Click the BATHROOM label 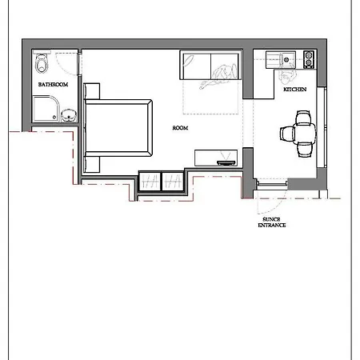coord(53,85)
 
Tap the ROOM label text coord(180,128)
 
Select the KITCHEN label coord(294,90)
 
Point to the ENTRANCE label coord(272,226)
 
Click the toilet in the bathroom coord(42,62)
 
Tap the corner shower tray coord(46,109)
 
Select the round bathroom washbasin coord(69,115)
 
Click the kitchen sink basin coord(286,59)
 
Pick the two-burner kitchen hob coord(309,59)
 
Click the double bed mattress coord(118,128)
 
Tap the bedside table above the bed coord(92,91)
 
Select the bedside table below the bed coord(92,165)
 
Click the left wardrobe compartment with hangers coord(150,182)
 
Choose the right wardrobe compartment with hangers coord(173,182)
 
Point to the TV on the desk coord(226,162)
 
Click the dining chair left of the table coord(286,134)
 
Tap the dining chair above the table coord(303,118)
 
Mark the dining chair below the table coord(304,150)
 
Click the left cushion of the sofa coord(197,66)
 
